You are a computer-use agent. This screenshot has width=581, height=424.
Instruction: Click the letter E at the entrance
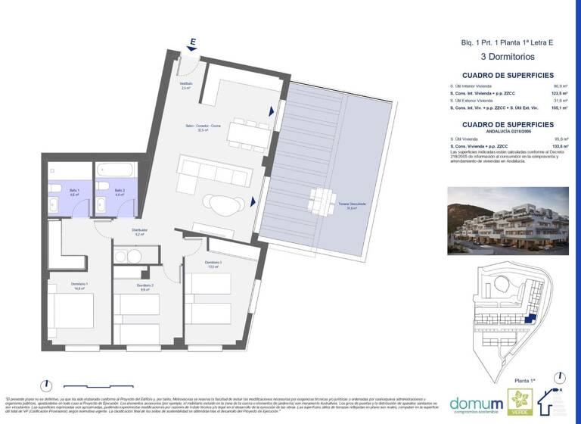click(x=194, y=42)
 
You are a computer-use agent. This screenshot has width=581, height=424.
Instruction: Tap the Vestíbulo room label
click(x=186, y=86)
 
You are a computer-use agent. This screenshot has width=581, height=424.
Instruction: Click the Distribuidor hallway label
click(x=138, y=232)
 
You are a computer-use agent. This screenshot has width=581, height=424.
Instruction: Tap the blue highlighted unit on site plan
click(x=532, y=321)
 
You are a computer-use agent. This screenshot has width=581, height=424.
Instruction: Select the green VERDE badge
click(x=519, y=401)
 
